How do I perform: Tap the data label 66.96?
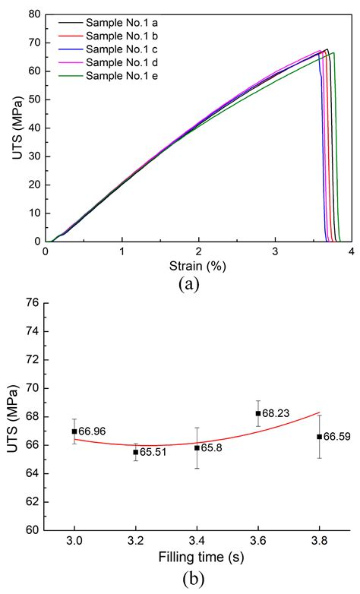(x=93, y=431)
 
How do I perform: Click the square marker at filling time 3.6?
(x=258, y=413)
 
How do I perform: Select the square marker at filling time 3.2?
(x=136, y=452)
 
